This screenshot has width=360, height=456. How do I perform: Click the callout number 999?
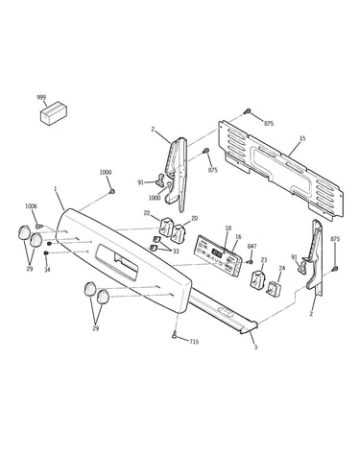click(41, 98)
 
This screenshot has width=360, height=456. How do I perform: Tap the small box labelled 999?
click(54, 112)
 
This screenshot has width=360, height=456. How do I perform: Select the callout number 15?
click(302, 138)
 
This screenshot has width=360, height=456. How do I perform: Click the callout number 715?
click(194, 342)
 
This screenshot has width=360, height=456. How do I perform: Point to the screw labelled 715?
click(176, 335)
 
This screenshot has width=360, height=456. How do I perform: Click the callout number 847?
click(252, 246)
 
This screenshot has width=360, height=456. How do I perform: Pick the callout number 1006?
click(32, 206)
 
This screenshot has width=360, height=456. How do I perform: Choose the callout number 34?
click(47, 270)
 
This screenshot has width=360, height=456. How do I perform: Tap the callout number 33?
click(176, 252)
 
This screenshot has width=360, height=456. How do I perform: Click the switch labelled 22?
click(166, 227)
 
